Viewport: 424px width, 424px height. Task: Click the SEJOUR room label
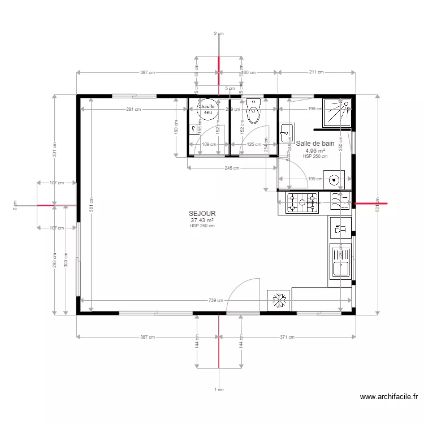[x=202, y=214]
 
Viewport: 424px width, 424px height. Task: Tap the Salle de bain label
[x=315, y=144]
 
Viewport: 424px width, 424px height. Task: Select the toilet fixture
[x=253, y=112]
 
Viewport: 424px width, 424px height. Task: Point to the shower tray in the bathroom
[x=337, y=112]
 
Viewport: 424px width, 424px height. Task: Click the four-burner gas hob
[x=303, y=203]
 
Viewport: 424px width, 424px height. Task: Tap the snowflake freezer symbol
[x=278, y=300]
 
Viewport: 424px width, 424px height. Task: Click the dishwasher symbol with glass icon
[x=340, y=230]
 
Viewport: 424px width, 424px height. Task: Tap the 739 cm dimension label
[x=215, y=301]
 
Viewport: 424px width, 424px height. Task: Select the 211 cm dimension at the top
[x=317, y=72]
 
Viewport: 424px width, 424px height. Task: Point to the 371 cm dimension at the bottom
[x=288, y=338]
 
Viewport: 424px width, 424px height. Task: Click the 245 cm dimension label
[x=232, y=168]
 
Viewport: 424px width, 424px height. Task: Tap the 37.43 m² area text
[x=202, y=220]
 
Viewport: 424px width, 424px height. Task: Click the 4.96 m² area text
[x=315, y=151]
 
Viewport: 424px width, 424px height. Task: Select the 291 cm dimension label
[x=133, y=109]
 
